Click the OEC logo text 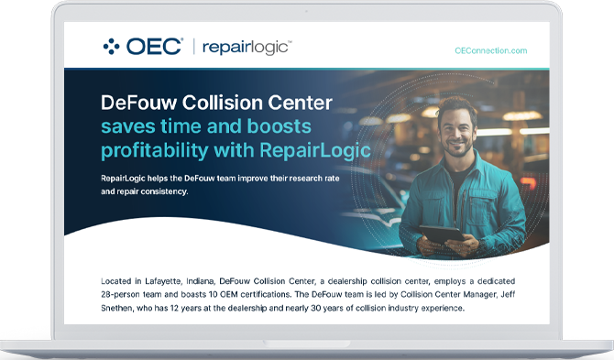(x=155, y=47)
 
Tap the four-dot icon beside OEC (x=112, y=47)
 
